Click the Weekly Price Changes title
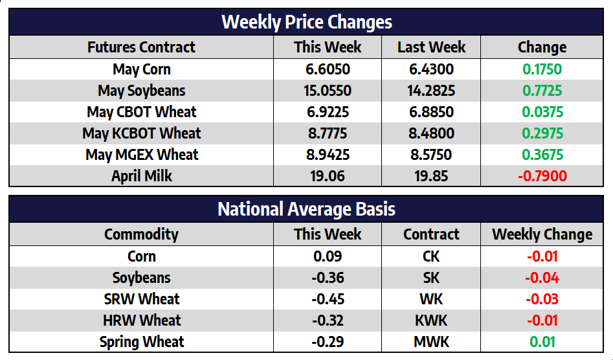(x=307, y=22)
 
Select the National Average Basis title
(x=307, y=209)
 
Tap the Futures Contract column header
(x=141, y=47)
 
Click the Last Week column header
(x=431, y=47)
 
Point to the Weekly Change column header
(x=542, y=234)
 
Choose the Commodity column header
(x=141, y=234)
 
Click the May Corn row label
(x=141, y=69)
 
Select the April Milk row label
(x=141, y=176)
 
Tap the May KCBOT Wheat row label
(x=141, y=133)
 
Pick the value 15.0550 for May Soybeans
(x=328, y=91)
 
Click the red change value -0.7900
(x=542, y=176)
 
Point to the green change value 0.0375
(x=542, y=112)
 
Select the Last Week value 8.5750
(x=431, y=155)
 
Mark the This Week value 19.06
(x=328, y=176)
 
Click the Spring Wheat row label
(x=141, y=342)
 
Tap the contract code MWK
(x=431, y=342)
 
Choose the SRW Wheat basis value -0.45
(x=328, y=299)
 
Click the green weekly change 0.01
(x=542, y=342)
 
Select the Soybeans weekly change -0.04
(x=542, y=278)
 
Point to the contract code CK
(x=431, y=256)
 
